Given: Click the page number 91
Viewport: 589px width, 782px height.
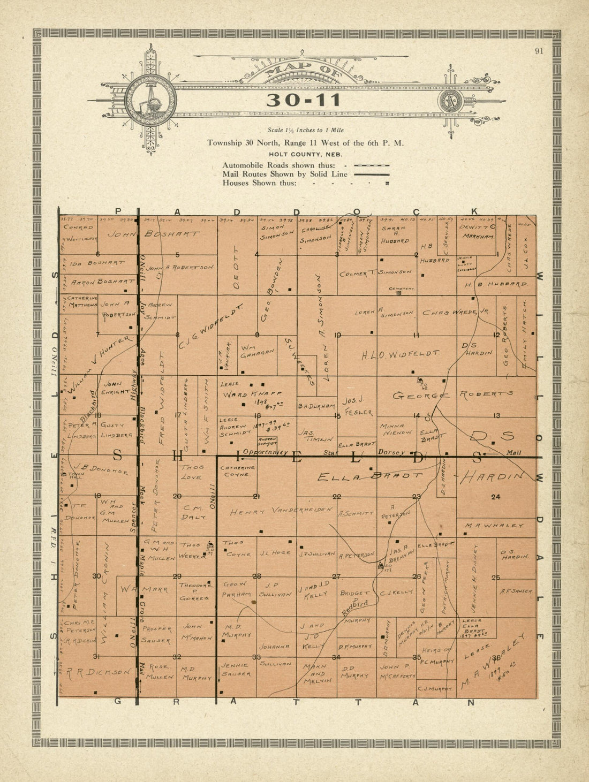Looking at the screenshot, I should (539, 51).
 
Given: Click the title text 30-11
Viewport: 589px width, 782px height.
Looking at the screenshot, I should (304, 100).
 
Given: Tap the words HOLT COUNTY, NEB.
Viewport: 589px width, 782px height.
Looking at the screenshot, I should (306, 154).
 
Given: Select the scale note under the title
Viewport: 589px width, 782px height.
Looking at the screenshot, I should (306, 130).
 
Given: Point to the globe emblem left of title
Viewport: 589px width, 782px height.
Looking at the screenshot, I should (150, 100).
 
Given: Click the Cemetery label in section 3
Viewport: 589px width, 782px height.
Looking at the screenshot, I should (402, 289).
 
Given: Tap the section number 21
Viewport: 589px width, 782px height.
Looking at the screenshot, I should (256, 496).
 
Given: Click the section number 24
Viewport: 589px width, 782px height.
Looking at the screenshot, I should (495, 497).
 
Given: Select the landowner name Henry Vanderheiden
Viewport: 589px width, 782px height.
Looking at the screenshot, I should (282, 511).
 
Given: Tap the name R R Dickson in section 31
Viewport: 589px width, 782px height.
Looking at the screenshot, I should (97, 672).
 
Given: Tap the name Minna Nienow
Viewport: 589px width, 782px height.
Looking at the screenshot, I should (396, 429).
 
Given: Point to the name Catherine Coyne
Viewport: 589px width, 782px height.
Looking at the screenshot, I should (238, 470).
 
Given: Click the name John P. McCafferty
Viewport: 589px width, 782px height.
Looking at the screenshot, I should (397, 671).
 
